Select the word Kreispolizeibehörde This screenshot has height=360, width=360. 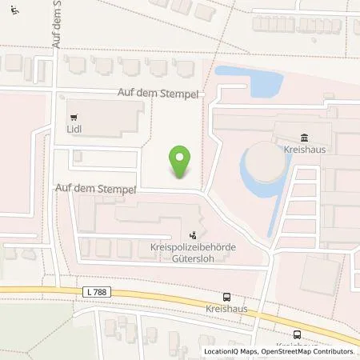coord(194,250)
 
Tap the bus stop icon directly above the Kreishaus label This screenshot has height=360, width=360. coord(226,295)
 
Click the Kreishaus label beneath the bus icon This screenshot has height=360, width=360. coord(227,308)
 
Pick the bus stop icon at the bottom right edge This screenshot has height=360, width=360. coord(298,335)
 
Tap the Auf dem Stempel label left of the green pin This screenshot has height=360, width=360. coord(92,190)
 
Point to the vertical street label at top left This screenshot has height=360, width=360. coord(58,24)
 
